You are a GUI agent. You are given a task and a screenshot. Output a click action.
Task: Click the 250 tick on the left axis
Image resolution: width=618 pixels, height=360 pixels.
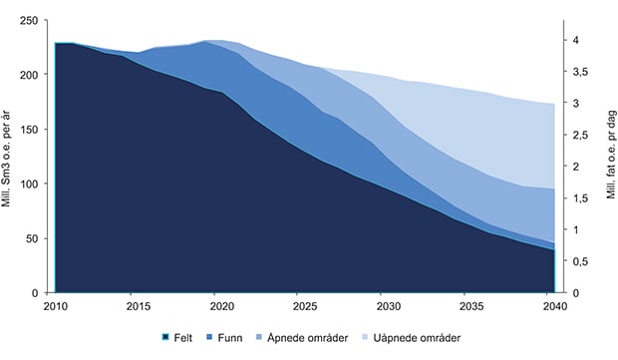click(29, 20)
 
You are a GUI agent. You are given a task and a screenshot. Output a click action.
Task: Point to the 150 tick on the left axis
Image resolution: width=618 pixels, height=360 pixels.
click(29, 130)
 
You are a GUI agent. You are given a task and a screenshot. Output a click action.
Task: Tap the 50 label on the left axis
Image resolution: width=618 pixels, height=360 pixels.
click(32, 238)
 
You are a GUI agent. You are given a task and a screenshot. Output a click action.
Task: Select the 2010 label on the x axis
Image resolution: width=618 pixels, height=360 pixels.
click(56, 306)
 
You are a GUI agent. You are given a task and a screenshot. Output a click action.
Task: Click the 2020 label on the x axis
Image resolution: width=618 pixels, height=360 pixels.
click(222, 306)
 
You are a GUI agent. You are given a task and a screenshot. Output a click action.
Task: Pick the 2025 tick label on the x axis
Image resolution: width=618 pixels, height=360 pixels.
click(305, 306)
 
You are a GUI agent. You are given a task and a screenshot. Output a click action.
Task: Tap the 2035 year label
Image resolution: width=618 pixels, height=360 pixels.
click(471, 306)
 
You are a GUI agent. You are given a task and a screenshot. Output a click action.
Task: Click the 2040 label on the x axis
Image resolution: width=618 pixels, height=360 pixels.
click(554, 306)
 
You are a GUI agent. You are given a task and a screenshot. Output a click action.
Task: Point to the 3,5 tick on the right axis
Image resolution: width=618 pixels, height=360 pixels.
click(580, 72)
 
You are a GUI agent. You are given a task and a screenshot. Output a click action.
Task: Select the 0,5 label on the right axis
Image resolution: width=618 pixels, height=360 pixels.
click(580, 261)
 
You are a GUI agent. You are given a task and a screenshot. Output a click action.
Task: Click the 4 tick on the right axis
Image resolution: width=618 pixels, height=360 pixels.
click(576, 40)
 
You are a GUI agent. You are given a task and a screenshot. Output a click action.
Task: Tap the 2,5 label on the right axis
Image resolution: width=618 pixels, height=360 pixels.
click(580, 136)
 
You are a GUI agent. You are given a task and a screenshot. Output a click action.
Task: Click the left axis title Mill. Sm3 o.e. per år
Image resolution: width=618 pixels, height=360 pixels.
click(6, 159)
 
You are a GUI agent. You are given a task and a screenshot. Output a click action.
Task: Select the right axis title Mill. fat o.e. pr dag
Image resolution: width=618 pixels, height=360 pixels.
click(611, 155)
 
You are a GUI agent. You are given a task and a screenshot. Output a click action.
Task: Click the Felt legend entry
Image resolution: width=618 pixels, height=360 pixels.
click(177, 337)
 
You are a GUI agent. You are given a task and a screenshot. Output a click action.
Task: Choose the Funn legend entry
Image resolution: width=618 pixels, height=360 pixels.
click(224, 337)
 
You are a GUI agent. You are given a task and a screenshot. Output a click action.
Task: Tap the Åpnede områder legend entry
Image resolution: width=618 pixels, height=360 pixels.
click(302, 338)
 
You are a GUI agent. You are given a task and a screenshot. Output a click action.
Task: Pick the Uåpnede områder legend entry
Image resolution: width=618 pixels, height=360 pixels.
click(411, 338)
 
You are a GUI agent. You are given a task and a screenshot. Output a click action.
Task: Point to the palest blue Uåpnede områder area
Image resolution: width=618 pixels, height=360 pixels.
click(492, 127)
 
